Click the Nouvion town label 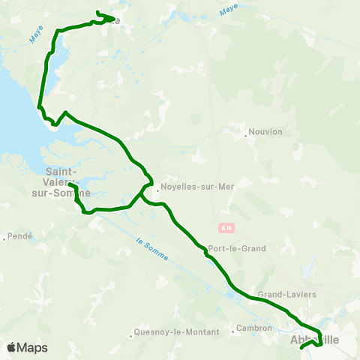tap(266, 132)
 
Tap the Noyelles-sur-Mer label tap(193, 187)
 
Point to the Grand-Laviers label tap(286, 295)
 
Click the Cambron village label tap(253, 328)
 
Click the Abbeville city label tap(313, 340)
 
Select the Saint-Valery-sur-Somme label tap(66, 181)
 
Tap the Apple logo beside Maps tap(12, 347)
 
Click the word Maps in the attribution tap(32, 347)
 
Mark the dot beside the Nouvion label tap(245, 136)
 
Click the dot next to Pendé tap(5, 238)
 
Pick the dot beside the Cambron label tap(233, 328)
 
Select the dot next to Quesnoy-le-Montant tap(131, 331)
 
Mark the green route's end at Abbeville tap(301, 347)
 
